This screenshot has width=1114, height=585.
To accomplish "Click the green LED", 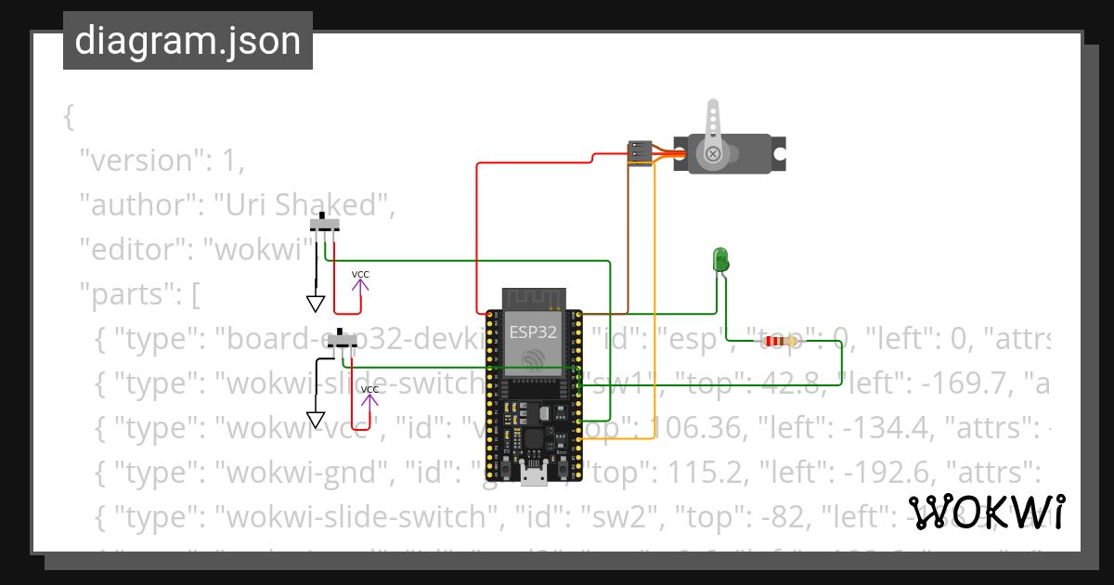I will click(x=720, y=260).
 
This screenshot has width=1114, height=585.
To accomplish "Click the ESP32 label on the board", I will click(x=533, y=331).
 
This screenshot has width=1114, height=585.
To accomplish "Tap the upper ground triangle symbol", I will click(x=316, y=304).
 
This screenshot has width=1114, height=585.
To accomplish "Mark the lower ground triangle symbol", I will click(x=316, y=419).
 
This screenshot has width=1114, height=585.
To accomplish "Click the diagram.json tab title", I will click(x=188, y=42).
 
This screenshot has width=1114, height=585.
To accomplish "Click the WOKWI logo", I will click(x=986, y=512).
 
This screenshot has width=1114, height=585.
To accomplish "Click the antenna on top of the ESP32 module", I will click(x=533, y=299).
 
